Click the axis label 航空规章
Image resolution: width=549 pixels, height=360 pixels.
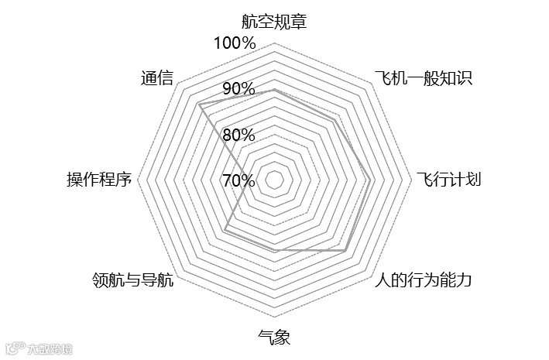click(273, 22)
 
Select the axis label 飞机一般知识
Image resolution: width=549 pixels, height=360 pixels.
click(423, 77)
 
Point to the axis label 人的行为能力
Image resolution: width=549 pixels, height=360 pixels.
click(422, 280)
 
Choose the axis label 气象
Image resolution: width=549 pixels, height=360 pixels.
click(273, 338)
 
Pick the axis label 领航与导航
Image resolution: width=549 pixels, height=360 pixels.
click(132, 280)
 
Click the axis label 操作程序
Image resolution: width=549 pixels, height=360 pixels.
click(99, 180)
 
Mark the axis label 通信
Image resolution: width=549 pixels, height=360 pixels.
click(157, 77)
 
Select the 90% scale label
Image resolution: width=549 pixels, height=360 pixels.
click(238, 89)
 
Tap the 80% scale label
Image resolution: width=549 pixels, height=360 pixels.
click(238, 135)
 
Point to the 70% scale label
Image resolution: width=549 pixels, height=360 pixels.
click(238, 181)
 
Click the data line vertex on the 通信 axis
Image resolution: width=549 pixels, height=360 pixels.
click(200, 105)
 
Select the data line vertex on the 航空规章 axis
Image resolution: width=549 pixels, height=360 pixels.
click(273, 90)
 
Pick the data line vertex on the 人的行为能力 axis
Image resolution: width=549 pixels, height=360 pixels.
click(345, 251)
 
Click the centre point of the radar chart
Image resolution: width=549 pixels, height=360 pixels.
click(273, 180)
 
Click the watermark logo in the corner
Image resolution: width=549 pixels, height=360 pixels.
click(39, 348)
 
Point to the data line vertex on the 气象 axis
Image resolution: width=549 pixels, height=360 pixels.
click(273, 251)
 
